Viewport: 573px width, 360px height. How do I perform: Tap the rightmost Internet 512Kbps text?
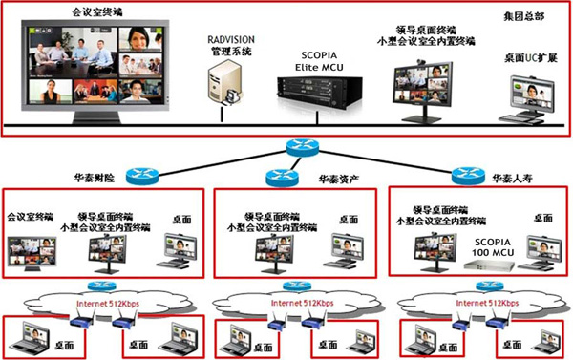point(479,304)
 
